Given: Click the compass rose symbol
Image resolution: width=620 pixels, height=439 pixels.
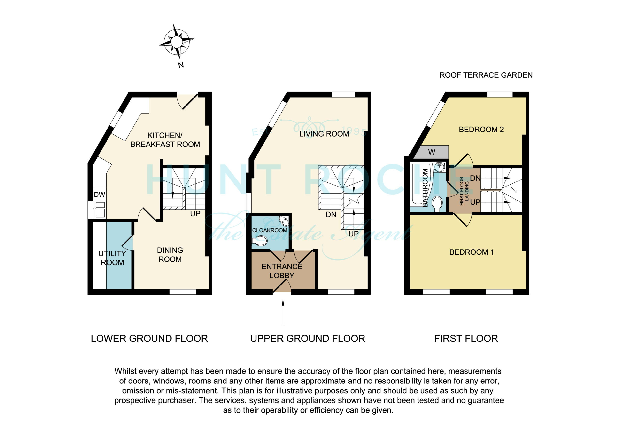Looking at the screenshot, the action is pos(177,42).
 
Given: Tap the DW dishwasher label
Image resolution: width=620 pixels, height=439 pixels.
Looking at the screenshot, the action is pos(99,195).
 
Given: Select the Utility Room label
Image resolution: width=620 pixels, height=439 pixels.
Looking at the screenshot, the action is pos(112,258).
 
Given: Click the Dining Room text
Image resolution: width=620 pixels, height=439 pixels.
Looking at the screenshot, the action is pos(170,255).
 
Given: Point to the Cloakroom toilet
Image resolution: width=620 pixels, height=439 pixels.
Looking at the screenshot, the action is pos(259,240).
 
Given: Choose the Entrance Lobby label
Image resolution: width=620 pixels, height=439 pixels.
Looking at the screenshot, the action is pos(282,271).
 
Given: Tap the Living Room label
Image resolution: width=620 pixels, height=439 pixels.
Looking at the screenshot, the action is pos(324,134).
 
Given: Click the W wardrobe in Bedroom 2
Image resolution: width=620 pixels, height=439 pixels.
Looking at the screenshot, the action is pos(432,152).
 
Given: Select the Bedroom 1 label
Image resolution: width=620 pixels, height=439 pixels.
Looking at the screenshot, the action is pos(472,252).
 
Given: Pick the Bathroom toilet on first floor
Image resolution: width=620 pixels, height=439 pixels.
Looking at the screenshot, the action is pos(437,203).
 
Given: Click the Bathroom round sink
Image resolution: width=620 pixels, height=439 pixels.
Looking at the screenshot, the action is pos(439,167).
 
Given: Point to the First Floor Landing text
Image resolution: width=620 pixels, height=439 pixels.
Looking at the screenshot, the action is pos(464,191).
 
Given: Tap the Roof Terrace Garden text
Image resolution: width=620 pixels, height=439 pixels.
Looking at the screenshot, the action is pos(486,75).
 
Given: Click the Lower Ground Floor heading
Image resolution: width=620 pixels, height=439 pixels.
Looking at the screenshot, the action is pos(149,339).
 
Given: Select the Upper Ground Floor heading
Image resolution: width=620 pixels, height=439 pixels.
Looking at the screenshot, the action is pos(308,339).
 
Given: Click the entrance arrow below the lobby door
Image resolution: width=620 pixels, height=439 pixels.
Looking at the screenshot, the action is pos(283,312).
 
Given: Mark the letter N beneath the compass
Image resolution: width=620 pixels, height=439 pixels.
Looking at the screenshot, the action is pos(181,65).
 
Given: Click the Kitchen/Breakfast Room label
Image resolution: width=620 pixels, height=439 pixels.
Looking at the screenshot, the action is pos(165,140).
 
